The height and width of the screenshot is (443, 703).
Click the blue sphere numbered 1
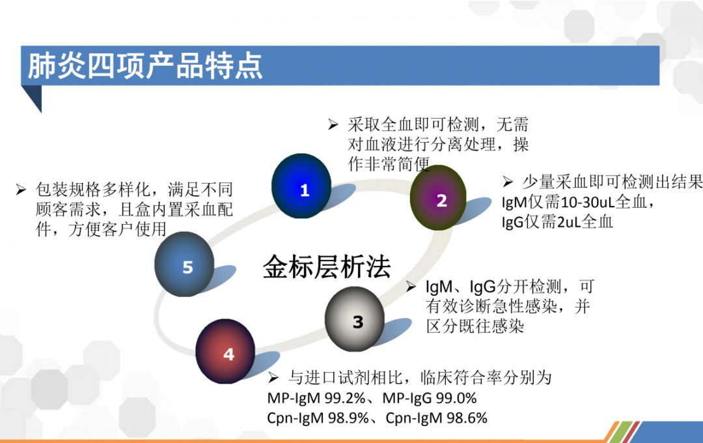tap(301, 186)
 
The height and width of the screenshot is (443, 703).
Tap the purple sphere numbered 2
tap(438, 197)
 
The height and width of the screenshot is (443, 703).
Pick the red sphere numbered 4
tap(225, 351)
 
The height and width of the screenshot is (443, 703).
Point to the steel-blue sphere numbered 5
tap(184, 264)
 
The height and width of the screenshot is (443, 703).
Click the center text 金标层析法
tap(326, 266)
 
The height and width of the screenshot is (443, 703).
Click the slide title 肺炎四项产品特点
tap(145, 66)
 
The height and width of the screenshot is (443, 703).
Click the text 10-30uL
tap(588, 203)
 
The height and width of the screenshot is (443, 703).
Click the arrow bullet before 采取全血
tap(333, 124)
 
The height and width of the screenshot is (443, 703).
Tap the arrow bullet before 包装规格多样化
tap(21, 190)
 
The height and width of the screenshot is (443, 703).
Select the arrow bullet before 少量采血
tap(508, 182)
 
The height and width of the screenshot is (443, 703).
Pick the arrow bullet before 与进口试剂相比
tap(273, 378)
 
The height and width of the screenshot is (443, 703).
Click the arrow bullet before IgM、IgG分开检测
tap(411, 287)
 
